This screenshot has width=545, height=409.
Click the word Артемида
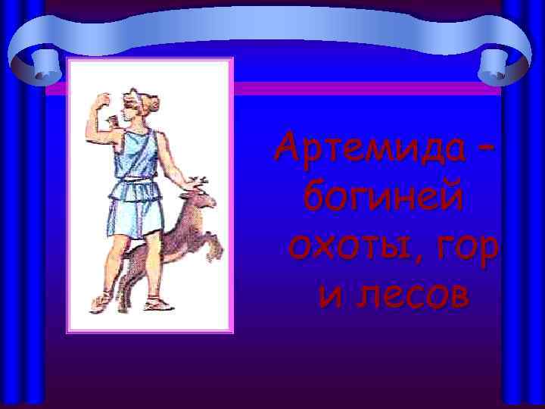click(367, 148)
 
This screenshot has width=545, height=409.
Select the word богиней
click(384, 198)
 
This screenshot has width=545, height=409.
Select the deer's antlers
click(199, 183)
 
